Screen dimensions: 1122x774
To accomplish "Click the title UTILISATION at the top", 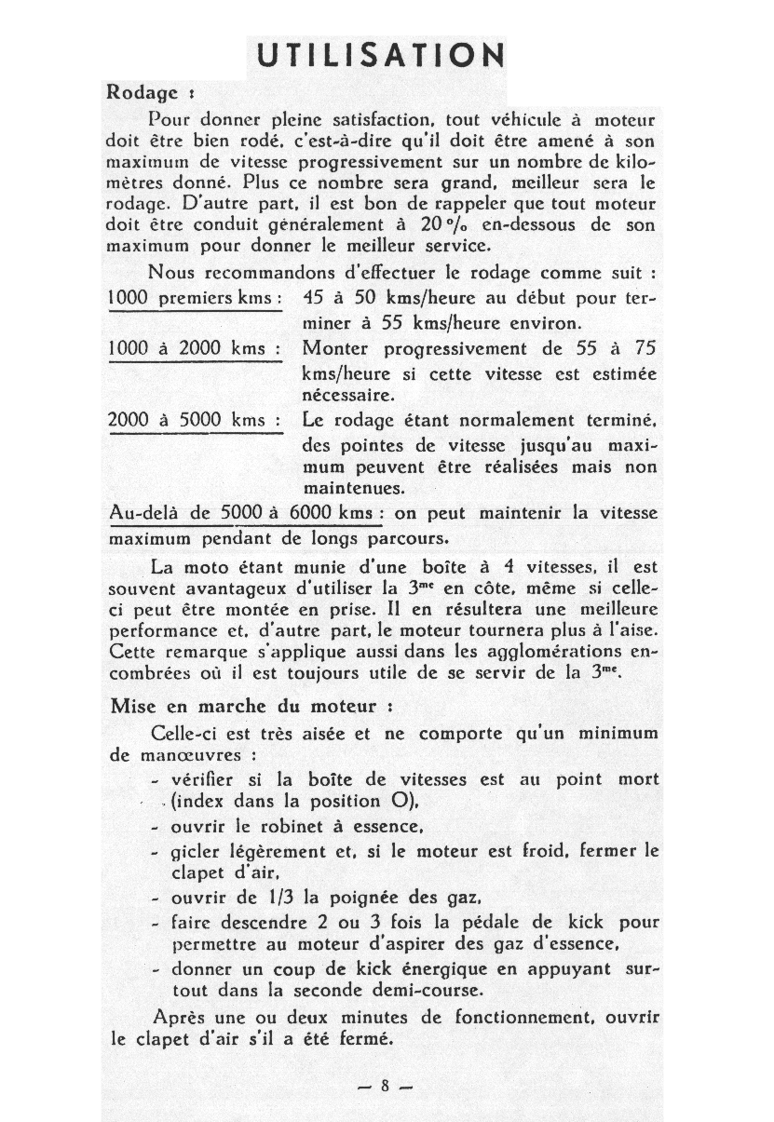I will pyautogui.click(x=380, y=56).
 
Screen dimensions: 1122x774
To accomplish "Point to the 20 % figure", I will pyautogui.click(x=441, y=226).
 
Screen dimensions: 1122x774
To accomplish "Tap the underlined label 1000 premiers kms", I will pyautogui.click(x=195, y=299).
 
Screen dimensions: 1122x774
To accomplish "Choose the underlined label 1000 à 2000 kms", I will pyautogui.click(x=195, y=348).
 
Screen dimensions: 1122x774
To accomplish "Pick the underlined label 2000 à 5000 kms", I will pyautogui.click(x=195, y=420).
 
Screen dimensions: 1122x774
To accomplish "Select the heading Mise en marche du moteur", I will pyautogui.click(x=245, y=706).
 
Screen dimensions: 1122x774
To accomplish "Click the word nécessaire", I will pyautogui.click(x=348, y=395).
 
